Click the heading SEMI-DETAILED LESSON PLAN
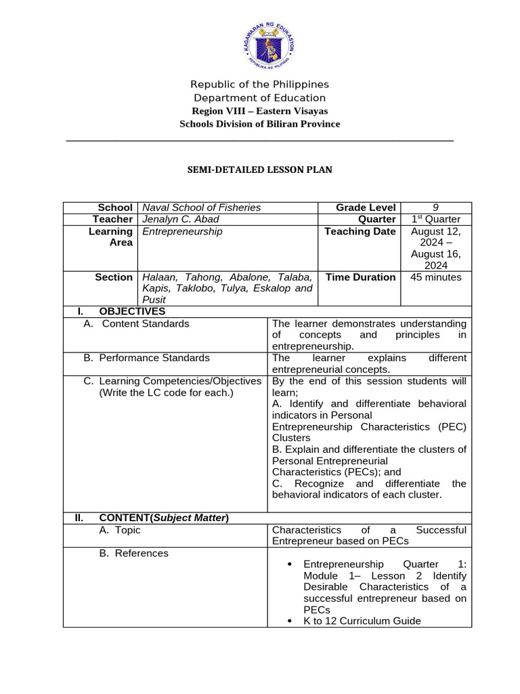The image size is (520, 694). coord(259,169)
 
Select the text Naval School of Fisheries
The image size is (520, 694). coord(201,207)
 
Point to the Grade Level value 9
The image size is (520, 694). coord(436,207)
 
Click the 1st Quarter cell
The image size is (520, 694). coord(436,219)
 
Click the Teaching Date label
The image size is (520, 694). coord(360,231)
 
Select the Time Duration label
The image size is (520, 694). coord(360,277)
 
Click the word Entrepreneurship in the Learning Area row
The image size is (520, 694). coord(182,231)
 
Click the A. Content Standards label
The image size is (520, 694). coord(136,323)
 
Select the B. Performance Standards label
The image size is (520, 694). coord(146,357)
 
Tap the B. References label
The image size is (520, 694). coord(133,553)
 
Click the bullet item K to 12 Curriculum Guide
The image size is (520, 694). coord(362,621)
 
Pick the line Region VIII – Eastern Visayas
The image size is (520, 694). coord(259,110)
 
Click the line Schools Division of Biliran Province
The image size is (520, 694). coord(259,123)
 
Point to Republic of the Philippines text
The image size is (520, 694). coord(259,84)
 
